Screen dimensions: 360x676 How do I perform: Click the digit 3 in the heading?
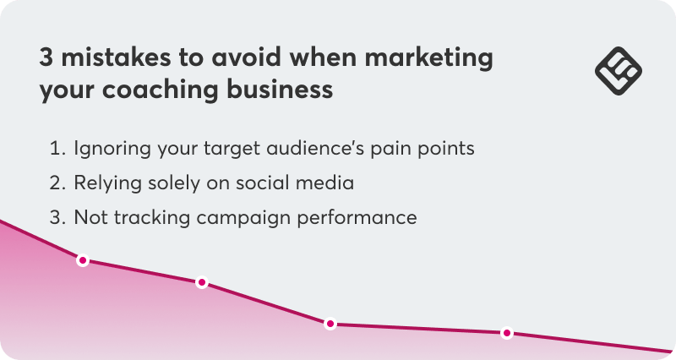click(x=46, y=58)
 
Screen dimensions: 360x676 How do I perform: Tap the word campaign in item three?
click(x=241, y=217)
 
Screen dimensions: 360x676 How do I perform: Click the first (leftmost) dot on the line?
click(x=83, y=260)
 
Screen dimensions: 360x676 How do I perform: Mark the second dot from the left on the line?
click(x=202, y=282)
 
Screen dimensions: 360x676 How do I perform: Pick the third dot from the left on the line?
click(x=330, y=324)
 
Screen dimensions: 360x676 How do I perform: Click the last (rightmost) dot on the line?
click(x=506, y=333)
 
